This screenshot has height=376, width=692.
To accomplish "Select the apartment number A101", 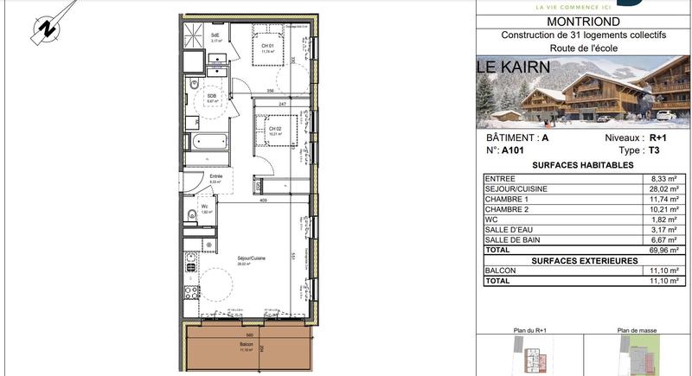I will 512,150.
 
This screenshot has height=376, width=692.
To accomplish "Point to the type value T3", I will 654,150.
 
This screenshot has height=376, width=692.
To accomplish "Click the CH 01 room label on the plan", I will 268,46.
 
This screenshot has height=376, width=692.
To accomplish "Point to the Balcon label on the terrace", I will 247,344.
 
